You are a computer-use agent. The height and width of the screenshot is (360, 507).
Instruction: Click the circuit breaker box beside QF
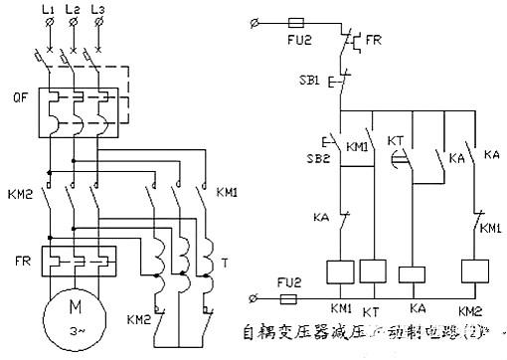pyautogui.click(x=75, y=112)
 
